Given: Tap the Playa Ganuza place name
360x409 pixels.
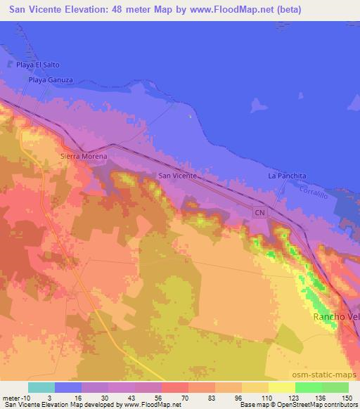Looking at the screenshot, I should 51,80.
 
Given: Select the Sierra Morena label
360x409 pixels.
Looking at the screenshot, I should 84,156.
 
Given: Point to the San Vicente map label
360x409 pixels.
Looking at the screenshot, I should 176,176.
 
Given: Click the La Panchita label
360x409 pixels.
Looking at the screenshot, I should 287,176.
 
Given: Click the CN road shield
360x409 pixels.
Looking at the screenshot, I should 260,211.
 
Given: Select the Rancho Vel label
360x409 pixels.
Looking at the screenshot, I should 335,318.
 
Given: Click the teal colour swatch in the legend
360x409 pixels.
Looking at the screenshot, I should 41,387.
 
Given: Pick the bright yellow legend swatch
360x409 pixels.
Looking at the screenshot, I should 281,387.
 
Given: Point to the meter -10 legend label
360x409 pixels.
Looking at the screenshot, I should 15,397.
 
